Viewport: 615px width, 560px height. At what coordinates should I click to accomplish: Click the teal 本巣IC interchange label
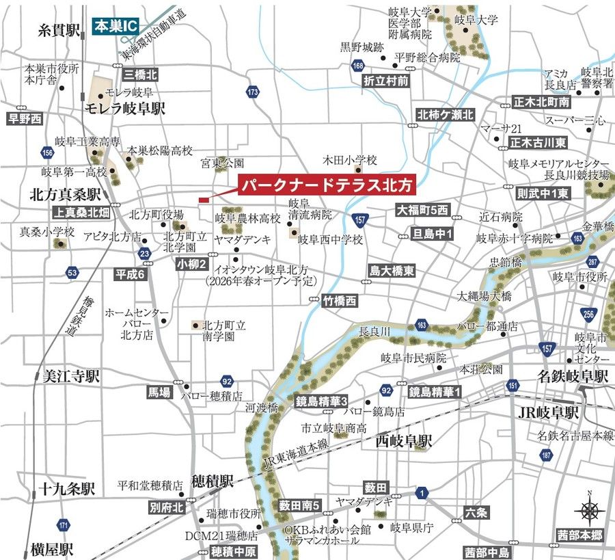(115, 27)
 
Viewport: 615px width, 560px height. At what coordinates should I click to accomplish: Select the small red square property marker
(203, 200)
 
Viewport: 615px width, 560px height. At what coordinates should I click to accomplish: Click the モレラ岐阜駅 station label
(126, 109)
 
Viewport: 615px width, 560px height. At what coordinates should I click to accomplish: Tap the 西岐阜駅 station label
(404, 442)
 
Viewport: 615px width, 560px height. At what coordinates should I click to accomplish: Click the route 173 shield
(254, 91)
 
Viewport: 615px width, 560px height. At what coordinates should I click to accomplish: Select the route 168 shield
(358, 66)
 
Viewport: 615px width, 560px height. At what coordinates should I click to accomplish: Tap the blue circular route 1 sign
(422, 492)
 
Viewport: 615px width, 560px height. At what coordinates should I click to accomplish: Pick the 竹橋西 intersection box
(340, 299)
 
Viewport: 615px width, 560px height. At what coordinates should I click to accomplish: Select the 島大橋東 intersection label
(391, 271)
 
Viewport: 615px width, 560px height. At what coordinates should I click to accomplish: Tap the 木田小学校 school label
(350, 160)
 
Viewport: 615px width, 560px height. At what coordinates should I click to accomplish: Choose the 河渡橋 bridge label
(262, 408)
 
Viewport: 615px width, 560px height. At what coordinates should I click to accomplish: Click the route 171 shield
(64, 525)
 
